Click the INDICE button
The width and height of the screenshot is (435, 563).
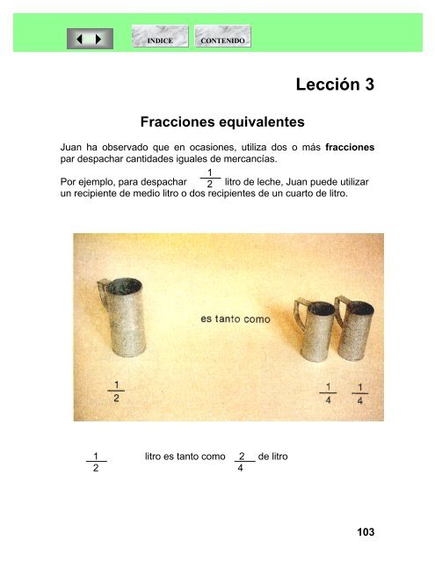coord(159,40)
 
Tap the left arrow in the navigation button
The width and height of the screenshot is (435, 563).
coord(83,40)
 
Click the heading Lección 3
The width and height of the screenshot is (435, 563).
coord(336,84)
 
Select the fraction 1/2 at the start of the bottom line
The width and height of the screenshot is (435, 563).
coord(95,463)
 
